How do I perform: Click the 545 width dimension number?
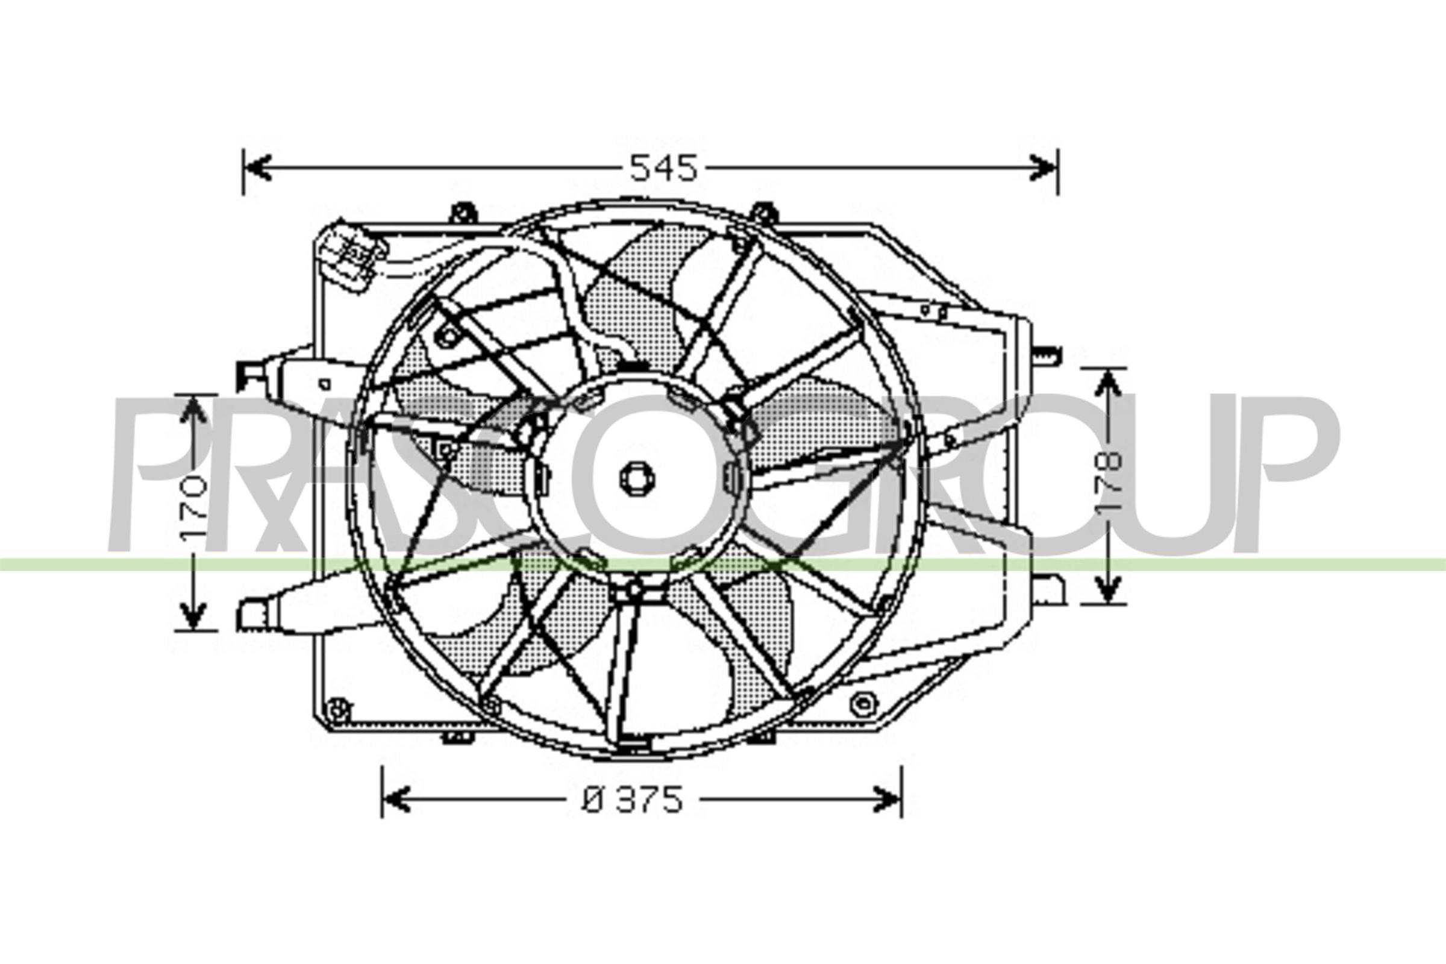click(x=664, y=169)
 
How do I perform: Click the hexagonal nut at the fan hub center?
click(x=636, y=478)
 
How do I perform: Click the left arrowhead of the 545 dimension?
click(x=257, y=167)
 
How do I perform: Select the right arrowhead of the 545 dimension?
click(x=1044, y=167)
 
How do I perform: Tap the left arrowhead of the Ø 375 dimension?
click(x=395, y=800)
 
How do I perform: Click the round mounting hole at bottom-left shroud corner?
click(x=336, y=711)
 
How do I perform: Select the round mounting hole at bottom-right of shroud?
click(x=864, y=704)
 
